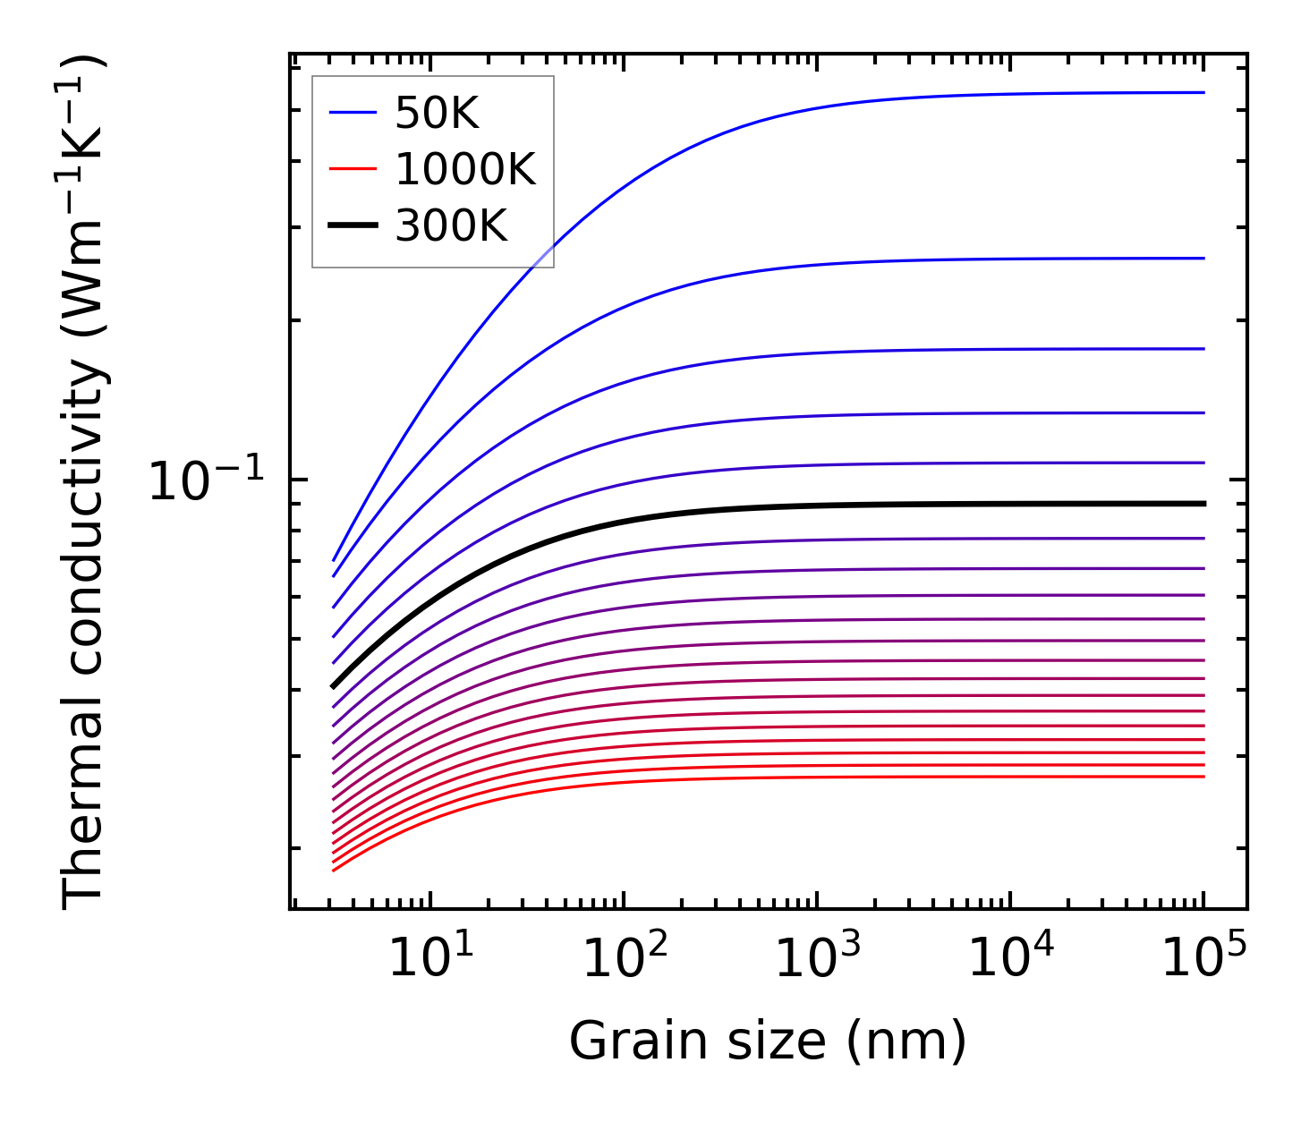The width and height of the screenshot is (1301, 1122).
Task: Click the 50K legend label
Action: click(x=437, y=114)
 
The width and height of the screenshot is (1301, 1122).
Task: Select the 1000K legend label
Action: click(x=464, y=169)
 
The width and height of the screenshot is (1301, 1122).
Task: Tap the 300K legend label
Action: click(x=451, y=226)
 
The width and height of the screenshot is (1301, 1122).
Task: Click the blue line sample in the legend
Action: click(x=353, y=113)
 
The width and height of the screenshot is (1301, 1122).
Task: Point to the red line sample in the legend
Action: click(x=353, y=169)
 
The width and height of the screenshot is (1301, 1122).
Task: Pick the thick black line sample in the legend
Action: click(x=353, y=225)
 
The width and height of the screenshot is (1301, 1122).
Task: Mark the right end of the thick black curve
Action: click(x=1204, y=504)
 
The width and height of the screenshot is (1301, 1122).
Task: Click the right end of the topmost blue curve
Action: click(x=1204, y=92)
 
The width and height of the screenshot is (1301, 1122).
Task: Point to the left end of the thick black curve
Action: click(x=333, y=687)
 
